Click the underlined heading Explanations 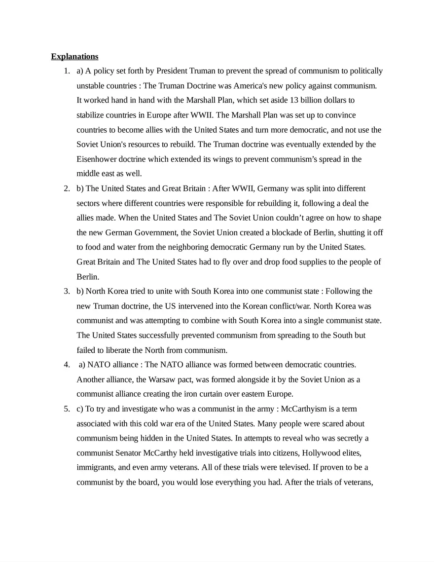pos(74,56)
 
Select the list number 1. pos(66,71)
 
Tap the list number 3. pos(66,291)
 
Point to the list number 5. pos(66,409)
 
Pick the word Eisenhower pos(98,159)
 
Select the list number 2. pos(66,188)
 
